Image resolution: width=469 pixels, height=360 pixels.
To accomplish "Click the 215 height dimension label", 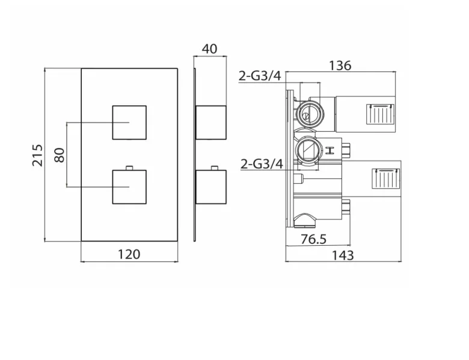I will [x=37, y=156].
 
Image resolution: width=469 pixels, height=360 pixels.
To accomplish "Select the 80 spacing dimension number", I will [x=58, y=156].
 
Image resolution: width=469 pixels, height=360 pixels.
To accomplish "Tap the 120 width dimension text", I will [x=128, y=254].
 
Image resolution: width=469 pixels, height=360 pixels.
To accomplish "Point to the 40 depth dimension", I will [x=209, y=49].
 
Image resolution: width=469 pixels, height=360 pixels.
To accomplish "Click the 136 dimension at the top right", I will [x=340, y=66].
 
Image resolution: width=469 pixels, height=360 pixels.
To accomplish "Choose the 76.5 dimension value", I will [x=313, y=239].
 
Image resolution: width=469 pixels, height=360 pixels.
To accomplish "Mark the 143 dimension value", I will [x=342, y=255].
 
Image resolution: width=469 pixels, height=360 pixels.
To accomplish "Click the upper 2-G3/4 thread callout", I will [x=260, y=76].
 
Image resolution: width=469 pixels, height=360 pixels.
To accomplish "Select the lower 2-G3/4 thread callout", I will [x=261, y=163].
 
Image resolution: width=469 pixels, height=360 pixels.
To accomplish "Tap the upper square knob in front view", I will [x=129, y=122].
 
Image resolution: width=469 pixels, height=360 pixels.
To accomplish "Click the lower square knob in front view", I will [x=129, y=187].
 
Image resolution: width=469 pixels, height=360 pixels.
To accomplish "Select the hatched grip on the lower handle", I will [x=381, y=177].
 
